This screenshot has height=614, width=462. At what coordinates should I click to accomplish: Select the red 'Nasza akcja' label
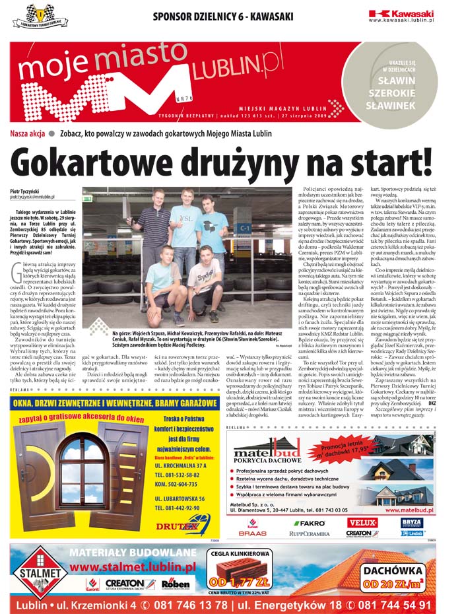coord(27,133)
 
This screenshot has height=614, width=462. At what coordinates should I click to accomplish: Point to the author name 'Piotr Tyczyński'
coord(25,190)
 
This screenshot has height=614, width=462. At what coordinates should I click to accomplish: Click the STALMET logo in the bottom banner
coord(38,573)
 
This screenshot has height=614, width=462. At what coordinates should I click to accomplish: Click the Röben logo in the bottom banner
coord(176,584)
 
